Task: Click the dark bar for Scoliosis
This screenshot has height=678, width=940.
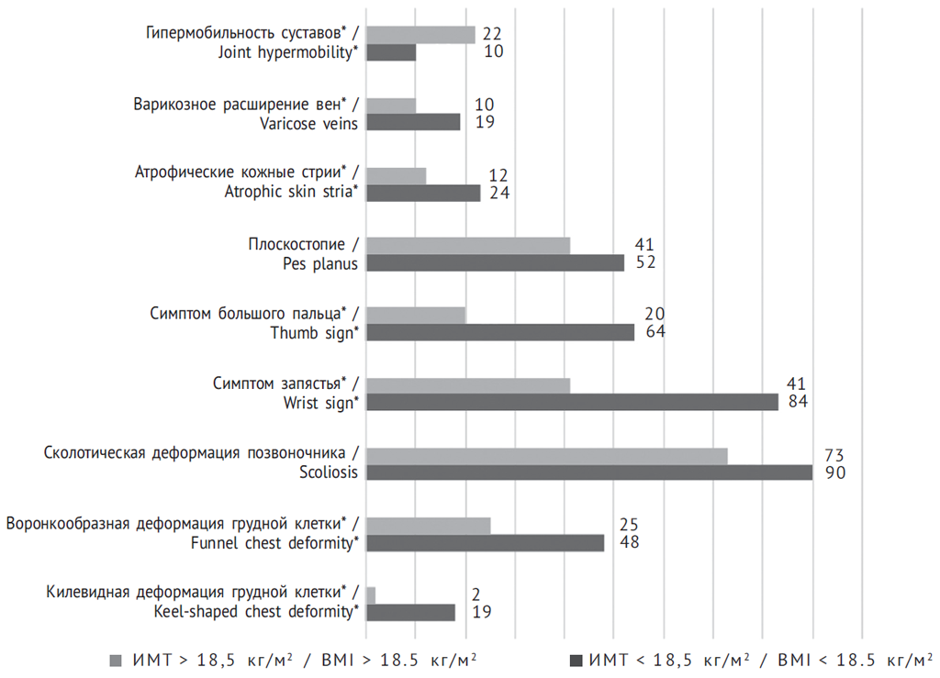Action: (x=589, y=472)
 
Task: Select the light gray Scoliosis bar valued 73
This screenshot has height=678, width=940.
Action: (x=547, y=455)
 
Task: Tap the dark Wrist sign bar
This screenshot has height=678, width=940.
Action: (x=572, y=402)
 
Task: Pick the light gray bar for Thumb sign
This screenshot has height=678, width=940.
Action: (x=416, y=315)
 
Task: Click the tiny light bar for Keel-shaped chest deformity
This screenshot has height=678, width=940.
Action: (x=371, y=595)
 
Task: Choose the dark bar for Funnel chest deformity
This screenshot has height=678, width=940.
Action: (x=485, y=543)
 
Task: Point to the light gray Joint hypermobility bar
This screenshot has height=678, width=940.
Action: (x=420, y=35)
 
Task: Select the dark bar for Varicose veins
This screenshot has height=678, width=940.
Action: (x=413, y=122)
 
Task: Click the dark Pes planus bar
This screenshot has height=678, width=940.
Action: (x=495, y=263)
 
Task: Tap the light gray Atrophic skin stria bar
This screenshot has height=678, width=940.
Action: (x=396, y=175)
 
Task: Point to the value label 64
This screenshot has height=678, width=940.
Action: (x=655, y=332)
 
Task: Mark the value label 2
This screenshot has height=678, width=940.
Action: (x=476, y=595)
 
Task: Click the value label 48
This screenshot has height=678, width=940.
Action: (x=629, y=543)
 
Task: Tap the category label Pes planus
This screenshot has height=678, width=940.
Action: (x=320, y=263)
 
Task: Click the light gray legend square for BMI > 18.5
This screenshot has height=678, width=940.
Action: (x=115, y=660)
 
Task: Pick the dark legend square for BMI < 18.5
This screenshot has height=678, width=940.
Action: (x=576, y=660)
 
